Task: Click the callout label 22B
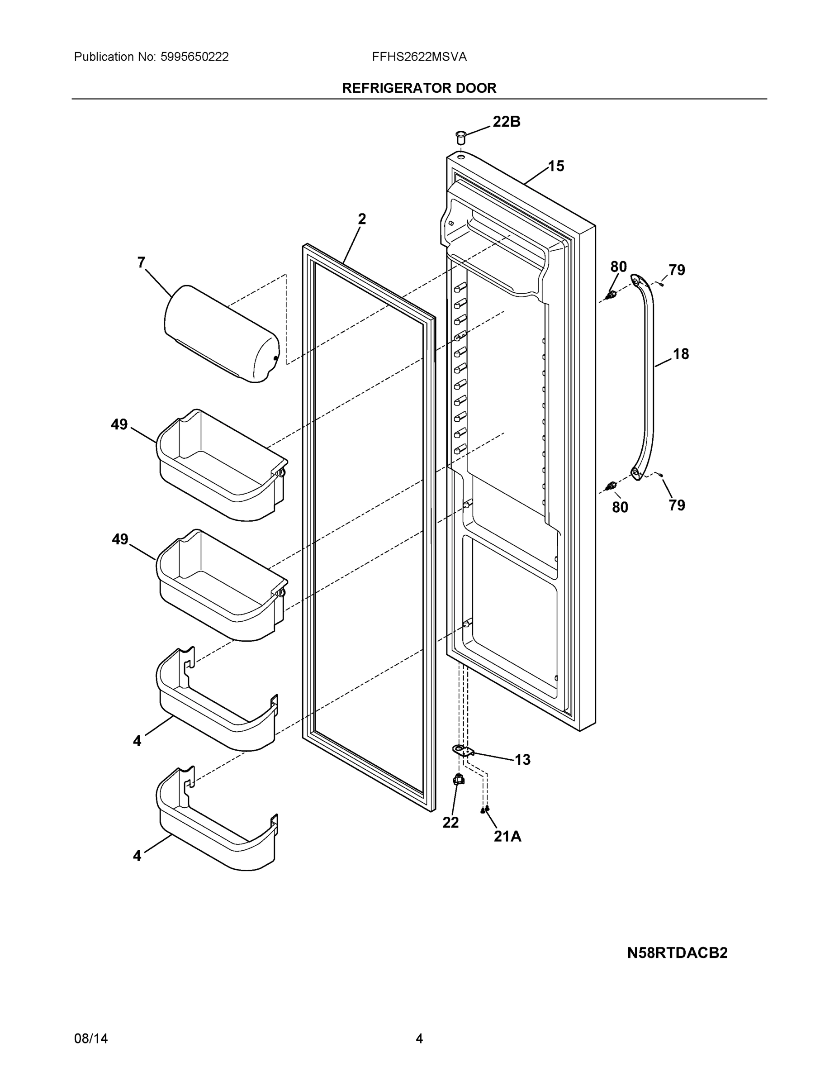[x=506, y=121]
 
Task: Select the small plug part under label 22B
[x=460, y=136]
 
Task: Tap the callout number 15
[x=556, y=166]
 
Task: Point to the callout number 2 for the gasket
[x=361, y=219]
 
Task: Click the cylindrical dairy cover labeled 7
[x=221, y=333]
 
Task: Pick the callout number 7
[x=141, y=262]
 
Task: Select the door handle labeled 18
[x=646, y=378]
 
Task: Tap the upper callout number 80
[x=618, y=267]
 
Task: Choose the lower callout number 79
[x=677, y=505]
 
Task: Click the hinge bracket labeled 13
[x=463, y=751]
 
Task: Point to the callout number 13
[x=522, y=760]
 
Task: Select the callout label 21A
[x=507, y=837]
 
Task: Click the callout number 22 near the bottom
[x=450, y=823]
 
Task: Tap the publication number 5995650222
[x=194, y=57]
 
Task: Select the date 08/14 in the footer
[x=90, y=1039]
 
